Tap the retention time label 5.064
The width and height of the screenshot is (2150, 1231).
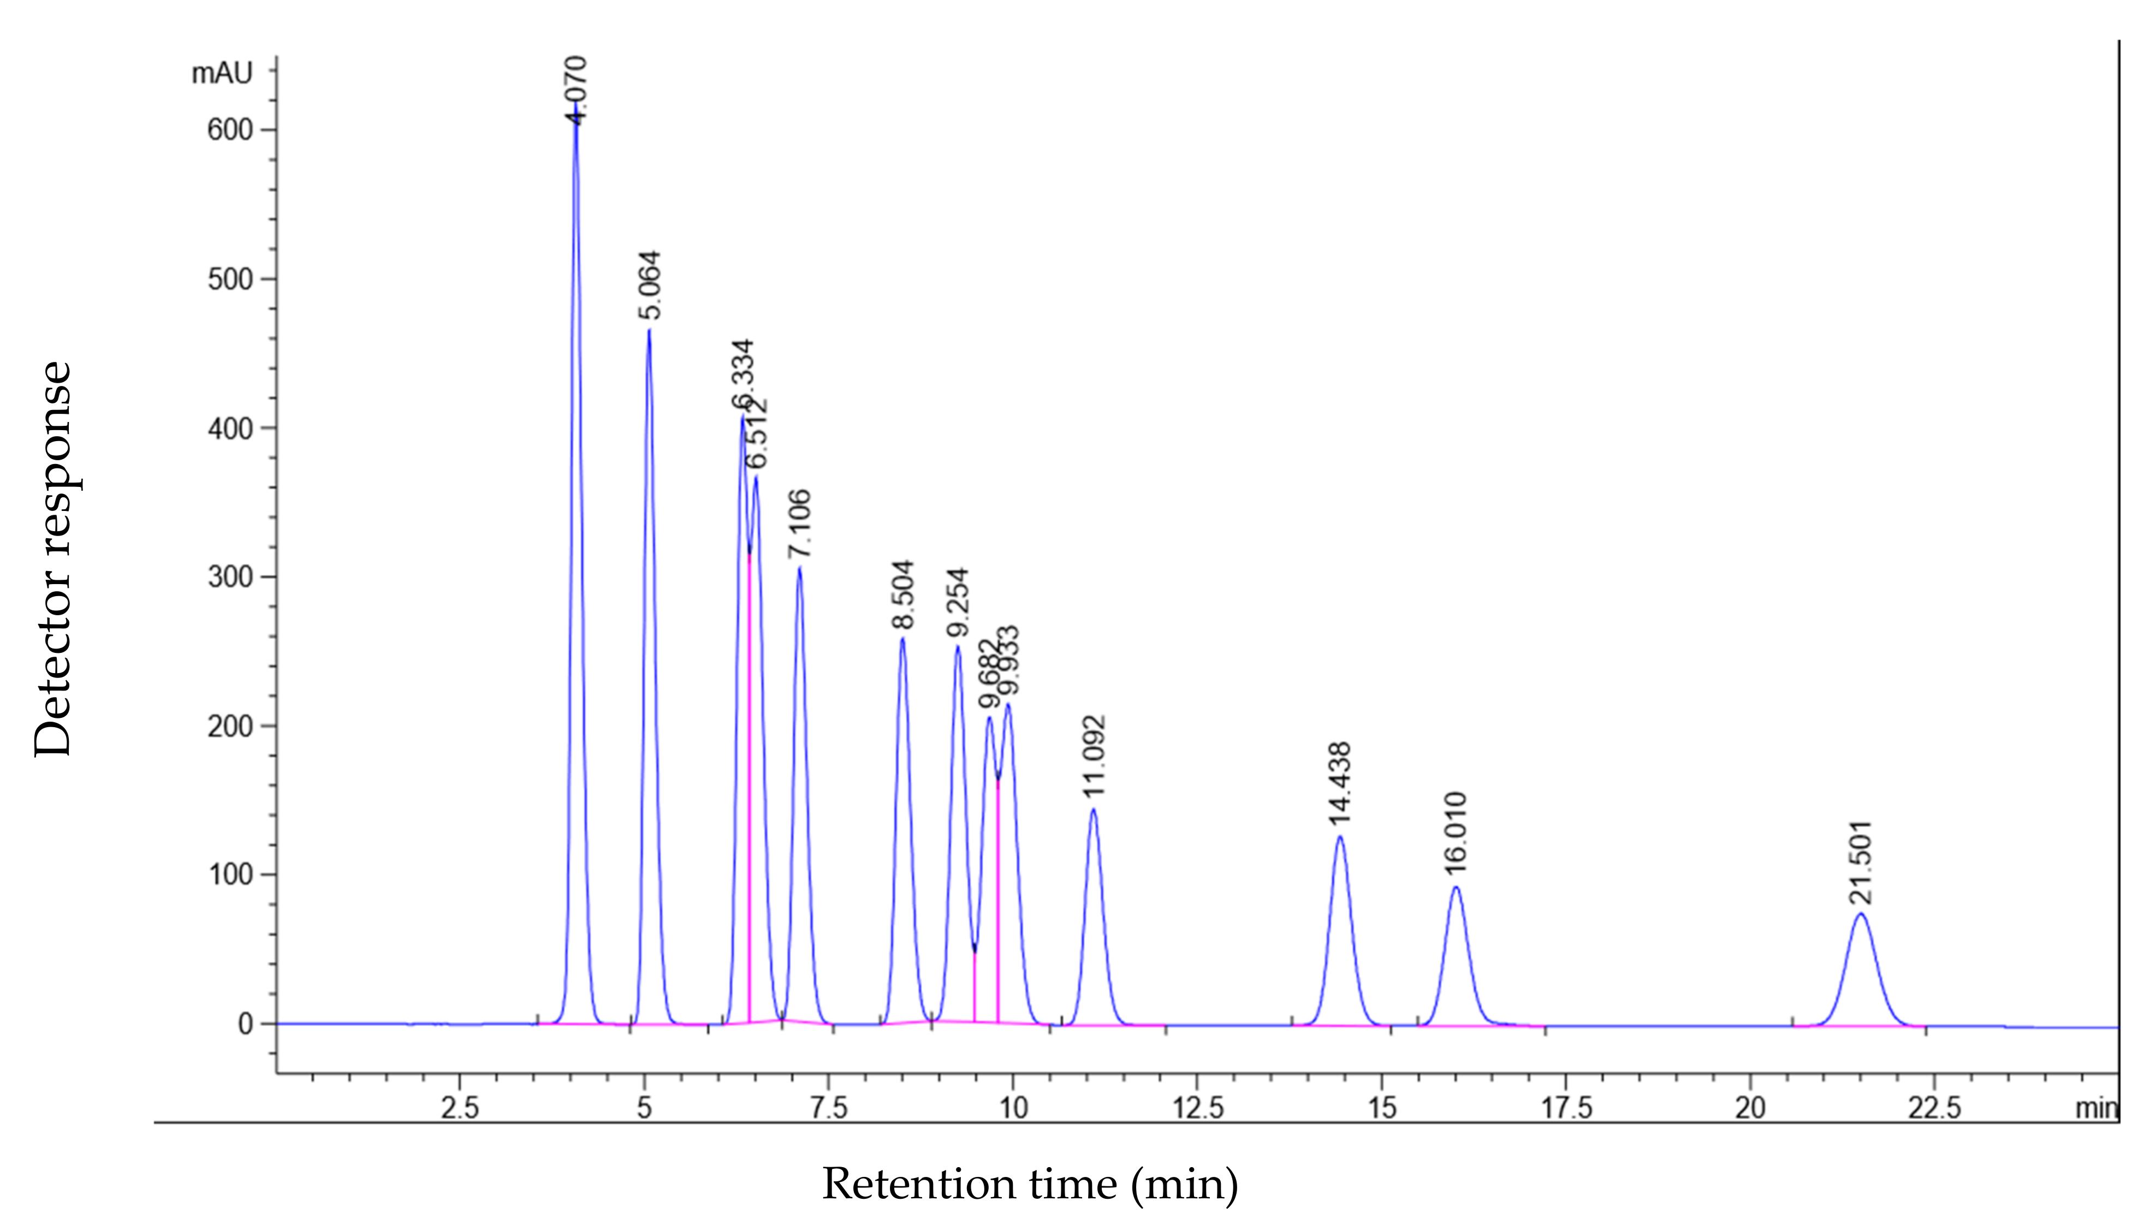coord(649,285)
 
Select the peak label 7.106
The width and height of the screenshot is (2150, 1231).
coord(799,524)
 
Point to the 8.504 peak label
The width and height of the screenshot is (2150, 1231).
coord(903,594)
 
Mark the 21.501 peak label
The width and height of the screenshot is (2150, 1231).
coord(1861,863)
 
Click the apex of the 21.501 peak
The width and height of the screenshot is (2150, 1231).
coord(1861,914)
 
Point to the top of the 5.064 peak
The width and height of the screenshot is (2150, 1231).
coord(649,330)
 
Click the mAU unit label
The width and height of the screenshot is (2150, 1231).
coord(222,74)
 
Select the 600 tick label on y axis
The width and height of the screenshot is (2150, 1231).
coord(230,130)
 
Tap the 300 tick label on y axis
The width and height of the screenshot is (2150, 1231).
coord(230,578)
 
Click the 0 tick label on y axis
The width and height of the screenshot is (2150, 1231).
coord(245,1024)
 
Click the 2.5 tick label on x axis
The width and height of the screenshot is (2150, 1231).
coord(460,1108)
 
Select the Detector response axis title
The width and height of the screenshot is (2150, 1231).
coord(52,558)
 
